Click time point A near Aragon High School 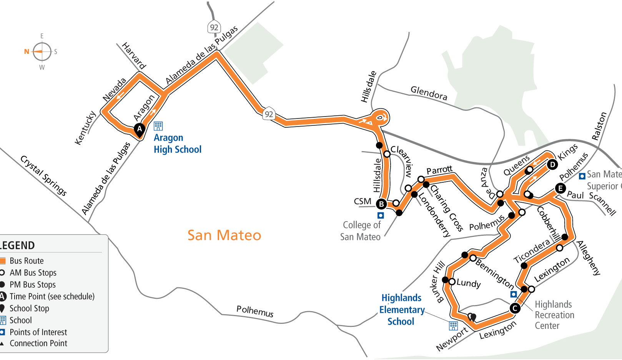(x=140, y=129)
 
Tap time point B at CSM (x=381, y=204)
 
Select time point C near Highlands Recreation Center (x=515, y=308)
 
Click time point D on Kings (x=552, y=165)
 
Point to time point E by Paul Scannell (x=560, y=188)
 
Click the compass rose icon (x=42, y=52)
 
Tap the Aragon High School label (x=177, y=143)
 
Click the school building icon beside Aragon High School (x=158, y=126)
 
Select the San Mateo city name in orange (x=224, y=235)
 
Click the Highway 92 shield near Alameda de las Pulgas (x=214, y=27)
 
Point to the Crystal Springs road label (x=43, y=176)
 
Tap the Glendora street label (x=429, y=93)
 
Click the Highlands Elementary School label (x=401, y=310)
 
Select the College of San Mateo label (x=361, y=231)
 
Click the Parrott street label (x=439, y=170)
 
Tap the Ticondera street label (x=532, y=251)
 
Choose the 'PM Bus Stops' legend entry (x=32, y=285)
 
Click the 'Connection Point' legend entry (x=38, y=343)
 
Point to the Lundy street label (x=468, y=283)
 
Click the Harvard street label (x=134, y=56)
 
